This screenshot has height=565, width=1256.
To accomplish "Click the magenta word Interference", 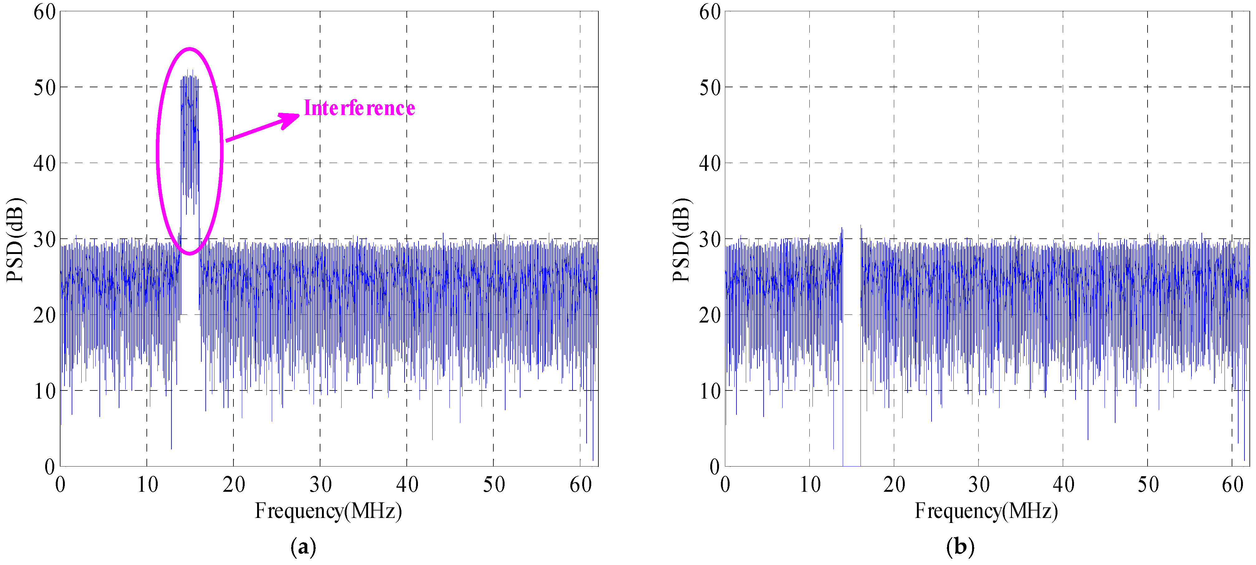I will (359, 108).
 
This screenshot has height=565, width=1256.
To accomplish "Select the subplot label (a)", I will (303, 547).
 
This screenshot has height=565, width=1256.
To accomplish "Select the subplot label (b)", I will (960, 547).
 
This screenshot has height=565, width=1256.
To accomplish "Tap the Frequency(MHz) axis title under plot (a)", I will (328, 511).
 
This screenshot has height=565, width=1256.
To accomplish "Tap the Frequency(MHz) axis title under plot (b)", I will (986, 511).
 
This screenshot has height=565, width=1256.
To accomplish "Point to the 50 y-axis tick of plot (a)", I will (44, 88).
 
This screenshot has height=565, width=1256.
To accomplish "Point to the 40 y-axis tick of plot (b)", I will (709, 163).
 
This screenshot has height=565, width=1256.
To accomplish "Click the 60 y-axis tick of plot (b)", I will (709, 12).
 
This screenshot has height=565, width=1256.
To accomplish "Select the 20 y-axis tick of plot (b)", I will (709, 315).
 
